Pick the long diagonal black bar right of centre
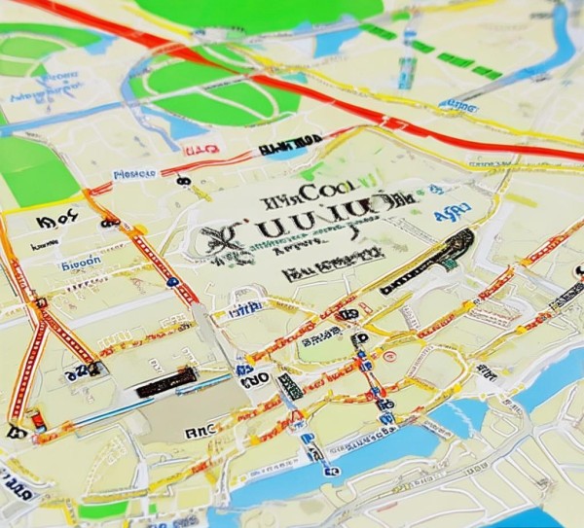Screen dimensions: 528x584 click(428, 261)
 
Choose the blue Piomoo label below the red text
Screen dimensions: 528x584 click(135, 175)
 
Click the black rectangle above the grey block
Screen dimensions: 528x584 click(165, 382)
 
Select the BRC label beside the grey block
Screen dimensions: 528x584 click(201, 428)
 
